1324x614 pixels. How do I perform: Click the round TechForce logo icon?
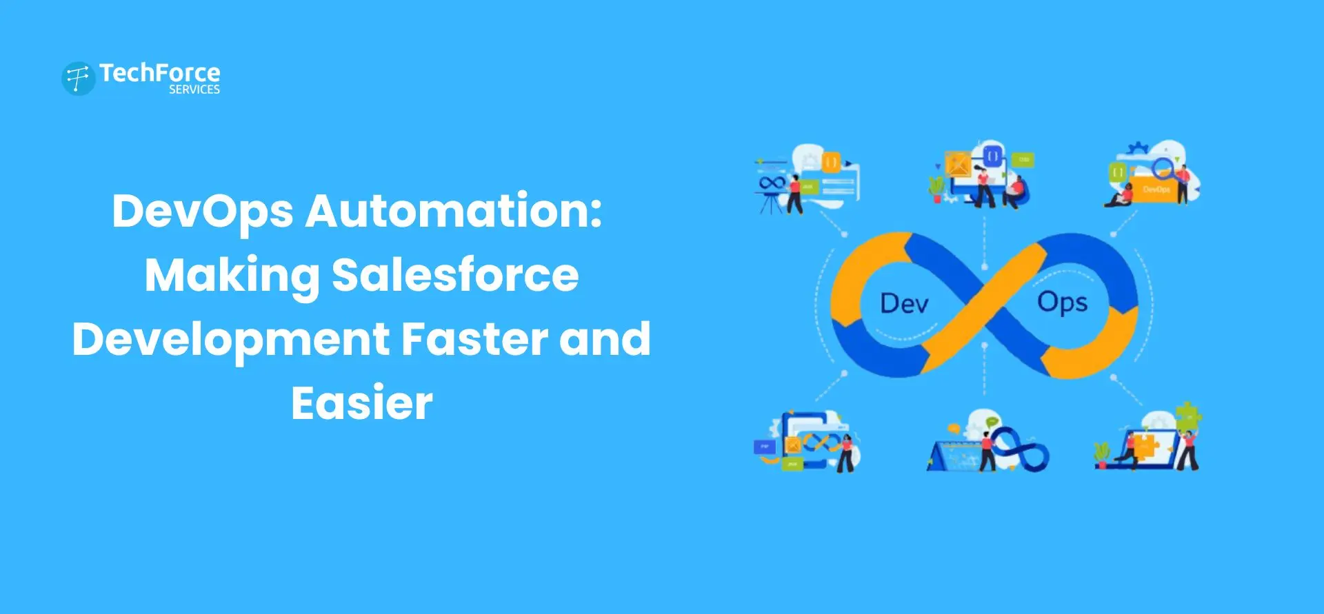click(x=78, y=78)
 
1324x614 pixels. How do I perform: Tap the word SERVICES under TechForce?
click(x=194, y=90)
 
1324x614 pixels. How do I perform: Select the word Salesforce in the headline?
click(x=455, y=275)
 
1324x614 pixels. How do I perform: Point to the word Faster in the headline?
click(x=474, y=339)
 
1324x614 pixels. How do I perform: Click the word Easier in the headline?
click(x=362, y=403)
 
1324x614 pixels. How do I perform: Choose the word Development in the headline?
click(x=231, y=339)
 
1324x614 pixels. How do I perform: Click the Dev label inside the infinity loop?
click(x=904, y=304)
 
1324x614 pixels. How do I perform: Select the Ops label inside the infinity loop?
click(x=1062, y=303)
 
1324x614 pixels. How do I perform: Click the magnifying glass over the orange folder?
click(x=1163, y=167)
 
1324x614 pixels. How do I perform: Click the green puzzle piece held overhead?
click(x=1188, y=415)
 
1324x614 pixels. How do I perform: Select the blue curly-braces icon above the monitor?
click(x=992, y=156)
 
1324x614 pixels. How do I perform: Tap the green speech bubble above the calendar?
click(x=992, y=422)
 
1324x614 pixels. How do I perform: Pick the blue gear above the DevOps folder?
click(x=1136, y=148)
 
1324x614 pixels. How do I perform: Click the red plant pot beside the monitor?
click(x=937, y=198)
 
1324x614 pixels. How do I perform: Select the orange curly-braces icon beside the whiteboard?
click(x=831, y=163)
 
